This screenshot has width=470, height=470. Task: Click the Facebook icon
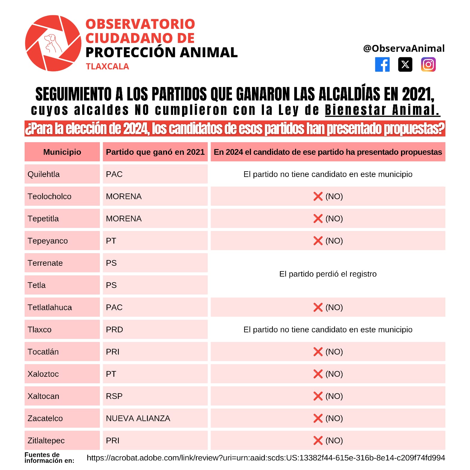click(x=382, y=64)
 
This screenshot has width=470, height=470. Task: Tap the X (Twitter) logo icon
click(x=405, y=64)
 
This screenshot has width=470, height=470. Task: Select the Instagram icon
click(x=428, y=64)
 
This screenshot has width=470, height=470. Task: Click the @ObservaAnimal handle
click(x=403, y=48)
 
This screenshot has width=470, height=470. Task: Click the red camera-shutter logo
click(x=53, y=43)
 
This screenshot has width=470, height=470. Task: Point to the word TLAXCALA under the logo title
click(x=107, y=66)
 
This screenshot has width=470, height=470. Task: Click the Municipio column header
click(x=62, y=152)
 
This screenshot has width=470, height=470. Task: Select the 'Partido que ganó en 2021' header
click(x=155, y=152)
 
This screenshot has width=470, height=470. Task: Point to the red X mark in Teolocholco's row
click(x=318, y=196)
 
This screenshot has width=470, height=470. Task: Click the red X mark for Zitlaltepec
click(x=318, y=441)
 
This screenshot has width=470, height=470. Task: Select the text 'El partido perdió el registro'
click(x=328, y=274)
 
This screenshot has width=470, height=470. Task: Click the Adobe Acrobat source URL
click(x=266, y=458)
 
